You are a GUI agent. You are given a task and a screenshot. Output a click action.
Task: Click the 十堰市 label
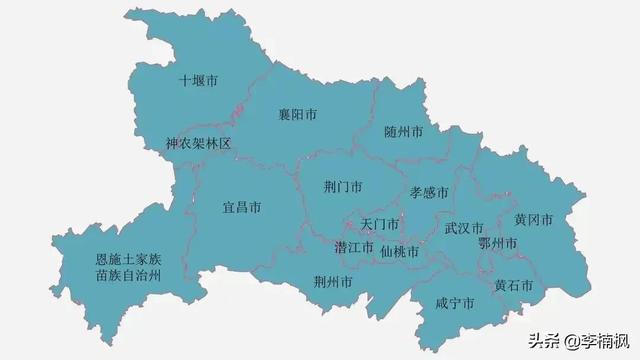[198, 81]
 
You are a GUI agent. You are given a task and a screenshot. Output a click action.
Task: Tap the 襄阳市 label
[297, 115]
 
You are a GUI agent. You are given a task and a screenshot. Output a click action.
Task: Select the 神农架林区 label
[198, 144]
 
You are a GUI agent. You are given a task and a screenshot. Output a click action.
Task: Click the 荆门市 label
[343, 187]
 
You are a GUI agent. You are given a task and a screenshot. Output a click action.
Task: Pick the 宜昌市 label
[241, 208]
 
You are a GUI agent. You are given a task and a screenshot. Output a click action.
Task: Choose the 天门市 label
[379, 224]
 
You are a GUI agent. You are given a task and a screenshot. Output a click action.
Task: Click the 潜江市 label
[354, 247]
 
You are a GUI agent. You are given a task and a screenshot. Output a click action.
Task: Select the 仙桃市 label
[400, 251]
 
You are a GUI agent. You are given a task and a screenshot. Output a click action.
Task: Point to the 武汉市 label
[464, 228]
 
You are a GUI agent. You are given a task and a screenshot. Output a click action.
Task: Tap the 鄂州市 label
[497, 244]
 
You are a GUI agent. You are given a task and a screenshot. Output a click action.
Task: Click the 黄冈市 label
[533, 220]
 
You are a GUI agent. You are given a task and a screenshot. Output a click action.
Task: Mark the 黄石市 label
[513, 285]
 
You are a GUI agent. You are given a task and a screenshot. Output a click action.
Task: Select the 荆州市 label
[332, 282]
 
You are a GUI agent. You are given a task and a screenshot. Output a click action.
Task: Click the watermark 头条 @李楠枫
[571, 340]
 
